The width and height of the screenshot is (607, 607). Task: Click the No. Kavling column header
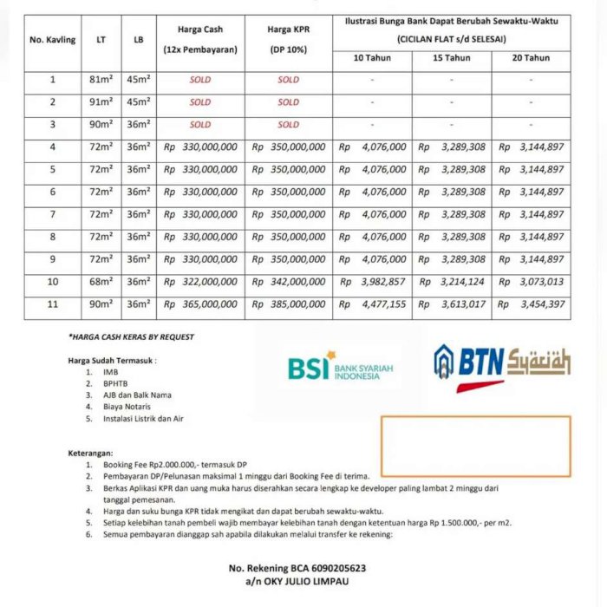53,40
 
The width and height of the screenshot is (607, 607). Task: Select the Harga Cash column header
200,40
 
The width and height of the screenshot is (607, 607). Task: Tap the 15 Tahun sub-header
452,58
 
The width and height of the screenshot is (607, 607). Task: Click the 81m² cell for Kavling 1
101,80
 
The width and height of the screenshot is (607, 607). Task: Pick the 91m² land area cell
101,102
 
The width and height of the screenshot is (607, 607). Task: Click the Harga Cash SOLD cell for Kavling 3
200,125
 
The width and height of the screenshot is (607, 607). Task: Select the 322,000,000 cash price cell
200,282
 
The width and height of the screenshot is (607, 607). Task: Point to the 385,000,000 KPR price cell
289,304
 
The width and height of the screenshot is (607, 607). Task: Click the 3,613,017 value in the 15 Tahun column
452,304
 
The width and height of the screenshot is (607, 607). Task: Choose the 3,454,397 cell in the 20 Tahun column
532,304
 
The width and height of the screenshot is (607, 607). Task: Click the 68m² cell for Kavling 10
101,282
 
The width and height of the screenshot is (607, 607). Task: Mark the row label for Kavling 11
53,304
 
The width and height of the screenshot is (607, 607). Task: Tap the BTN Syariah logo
502,364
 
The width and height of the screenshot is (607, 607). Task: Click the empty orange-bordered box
475,446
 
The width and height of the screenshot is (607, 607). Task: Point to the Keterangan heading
91,453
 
